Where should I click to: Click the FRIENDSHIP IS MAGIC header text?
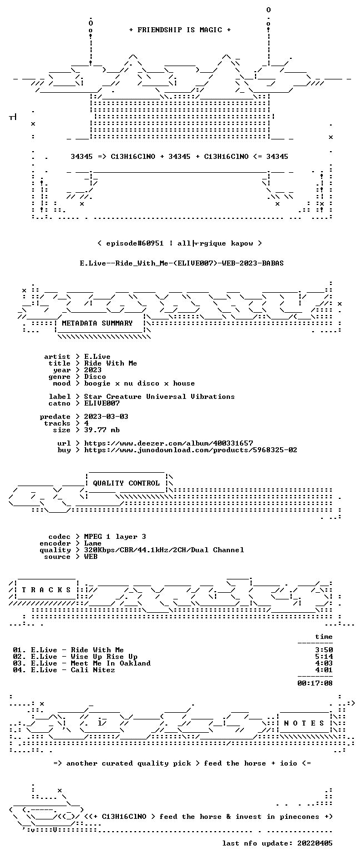pyautogui.click(x=180, y=30)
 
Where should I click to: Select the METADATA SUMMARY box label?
pyautogui.click(x=97, y=323)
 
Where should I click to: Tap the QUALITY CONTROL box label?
pyautogui.click(x=126, y=483)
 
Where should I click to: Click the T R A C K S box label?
pyautogui.click(x=47, y=590)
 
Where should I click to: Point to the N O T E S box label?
pyautogui.click(x=304, y=723)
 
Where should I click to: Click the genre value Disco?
pyautogui.click(x=95, y=377)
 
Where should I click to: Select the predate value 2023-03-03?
pyautogui.click(x=106, y=417)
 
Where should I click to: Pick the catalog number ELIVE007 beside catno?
pyautogui.click(x=102, y=403)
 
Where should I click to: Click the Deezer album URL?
pyautogui.click(x=168, y=443)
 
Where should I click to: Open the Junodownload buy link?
pyautogui.click(x=191, y=450)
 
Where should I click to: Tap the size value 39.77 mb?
pyautogui.click(x=102, y=430)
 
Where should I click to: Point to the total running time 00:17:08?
pyautogui.click(x=314, y=683)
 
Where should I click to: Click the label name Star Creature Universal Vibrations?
pyautogui.click(x=159, y=397)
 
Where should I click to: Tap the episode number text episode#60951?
pyautogui.click(x=134, y=243)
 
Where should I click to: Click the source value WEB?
pyautogui.click(x=91, y=557)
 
